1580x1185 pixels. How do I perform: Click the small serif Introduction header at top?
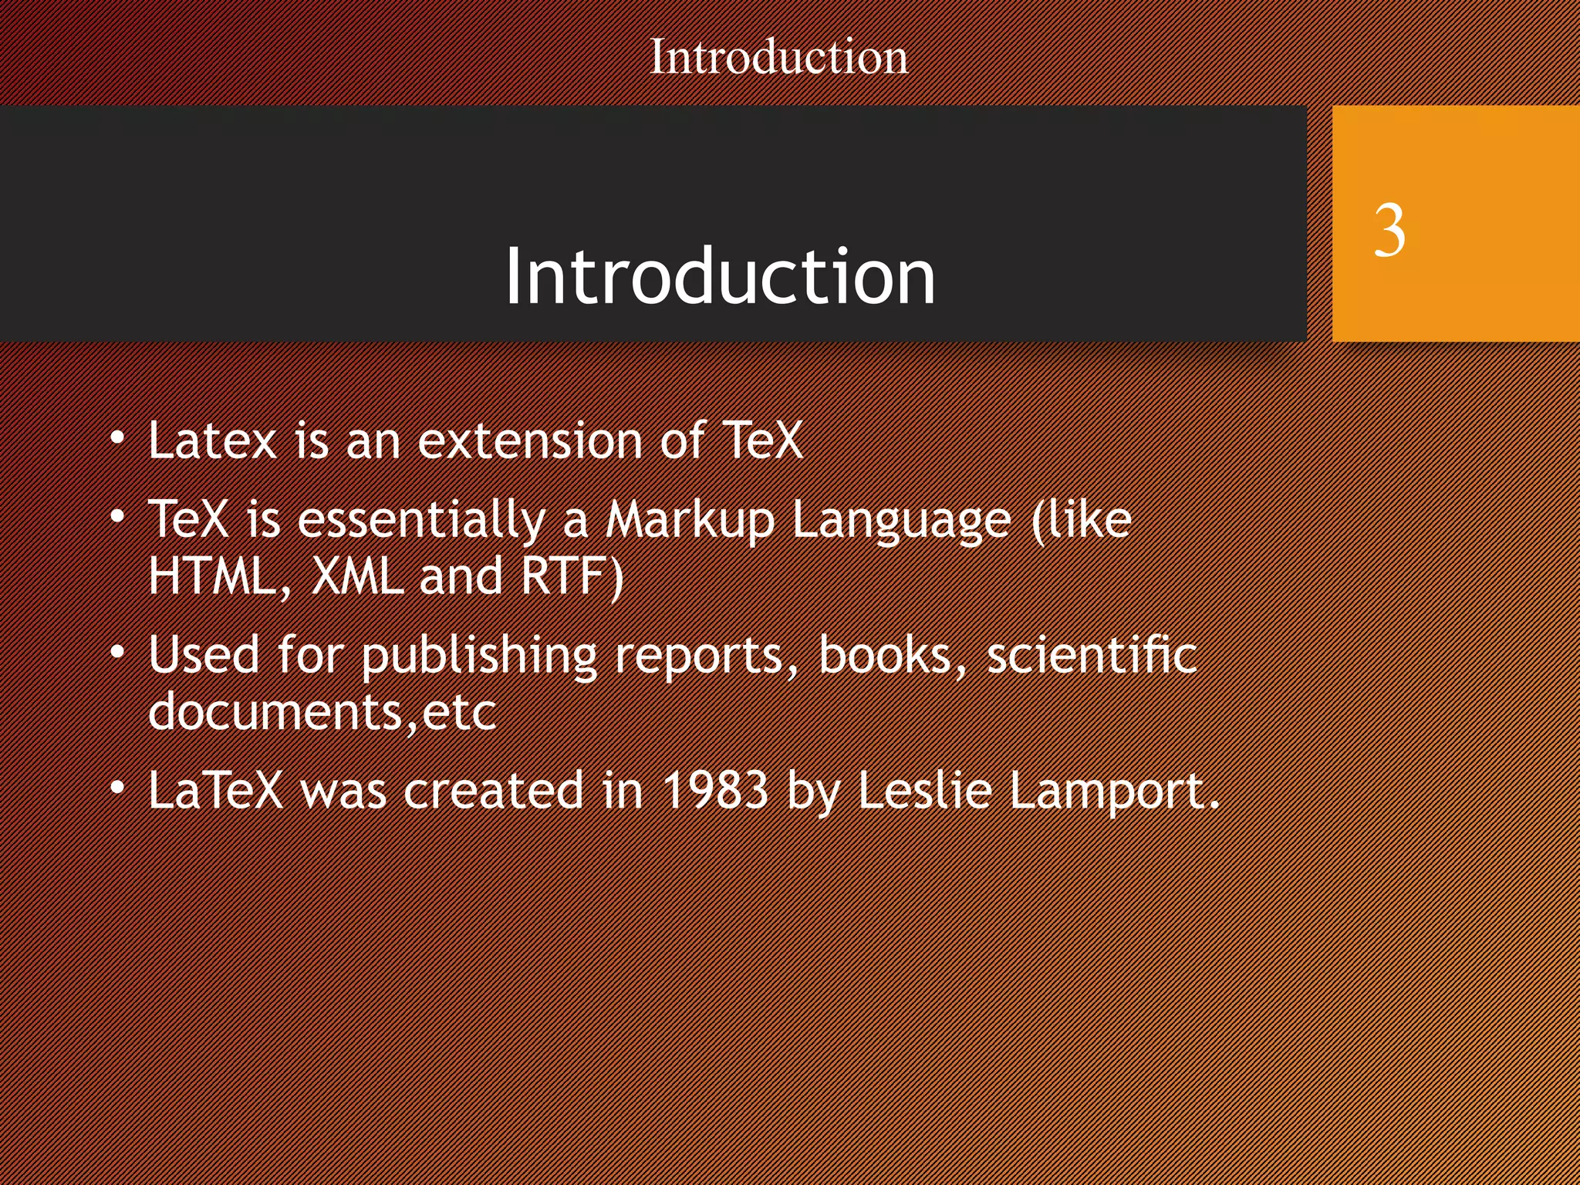tap(778, 57)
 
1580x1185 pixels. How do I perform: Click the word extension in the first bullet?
tap(530, 441)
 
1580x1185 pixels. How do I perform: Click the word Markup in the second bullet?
tap(689, 520)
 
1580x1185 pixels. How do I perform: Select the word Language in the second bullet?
tap(901, 520)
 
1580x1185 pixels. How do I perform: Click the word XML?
tap(357, 576)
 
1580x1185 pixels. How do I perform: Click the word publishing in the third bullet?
tap(479, 656)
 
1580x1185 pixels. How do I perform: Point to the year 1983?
tap(715, 791)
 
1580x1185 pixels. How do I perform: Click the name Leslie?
tap(923, 791)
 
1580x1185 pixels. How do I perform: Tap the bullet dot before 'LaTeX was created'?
tap(117, 788)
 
